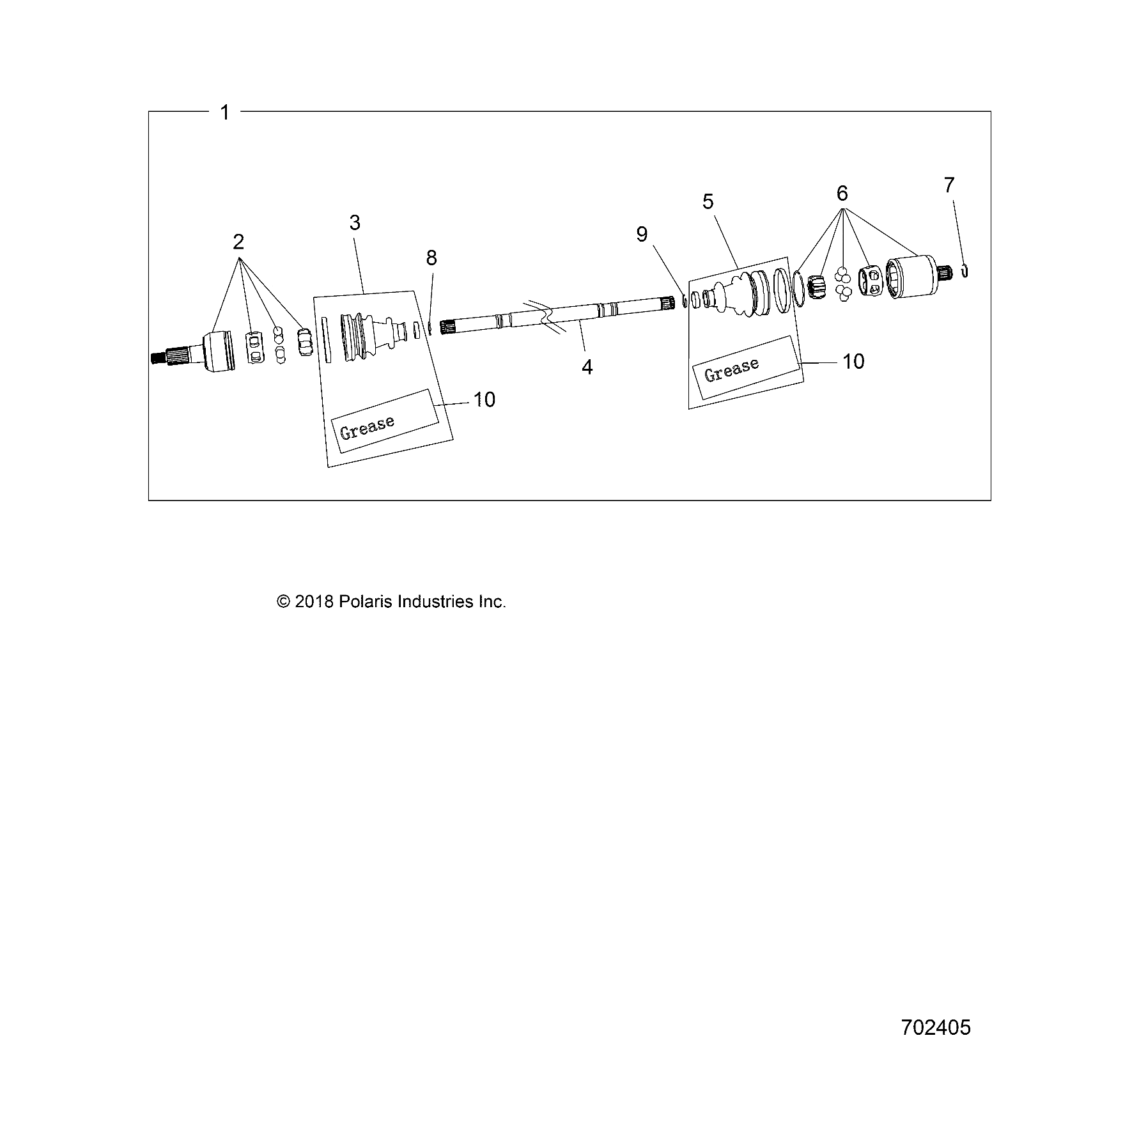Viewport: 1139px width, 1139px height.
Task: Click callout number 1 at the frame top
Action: pyautogui.click(x=224, y=113)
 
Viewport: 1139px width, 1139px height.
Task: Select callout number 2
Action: pyautogui.click(x=238, y=242)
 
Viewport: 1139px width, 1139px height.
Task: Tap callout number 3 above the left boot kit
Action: pyautogui.click(x=355, y=223)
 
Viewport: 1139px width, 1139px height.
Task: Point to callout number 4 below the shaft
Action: pyautogui.click(x=587, y=367)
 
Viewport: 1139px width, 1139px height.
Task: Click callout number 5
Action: pyautogui.click(x=708, y=202)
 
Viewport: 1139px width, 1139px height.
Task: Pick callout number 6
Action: pyautogui.click(x=842, y=193)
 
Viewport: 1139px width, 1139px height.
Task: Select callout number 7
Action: pyautogui.click(x=949, y=185)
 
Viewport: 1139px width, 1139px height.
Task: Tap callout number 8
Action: pyautogui.click(x=431, y=258)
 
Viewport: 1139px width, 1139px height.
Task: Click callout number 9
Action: pyautogui.click(x=642, y=235)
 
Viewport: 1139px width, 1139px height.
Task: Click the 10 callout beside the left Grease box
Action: pyautogui.click(x=484, y=399)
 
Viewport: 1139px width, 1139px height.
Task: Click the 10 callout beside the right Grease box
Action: pyautogui.click(x=853, y=362)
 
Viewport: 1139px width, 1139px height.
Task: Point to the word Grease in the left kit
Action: pyautogui.click(x=368, y=427)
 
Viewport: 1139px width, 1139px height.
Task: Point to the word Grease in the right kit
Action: pyautogui.click(x=732, y=369)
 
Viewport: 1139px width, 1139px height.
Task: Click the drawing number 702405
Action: pyautogui.click(x=936, y=1028)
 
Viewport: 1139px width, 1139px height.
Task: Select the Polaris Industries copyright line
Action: pyautogui.click(x=391, y=602)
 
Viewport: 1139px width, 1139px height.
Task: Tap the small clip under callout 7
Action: pyautogui.click(x=965, y=271)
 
